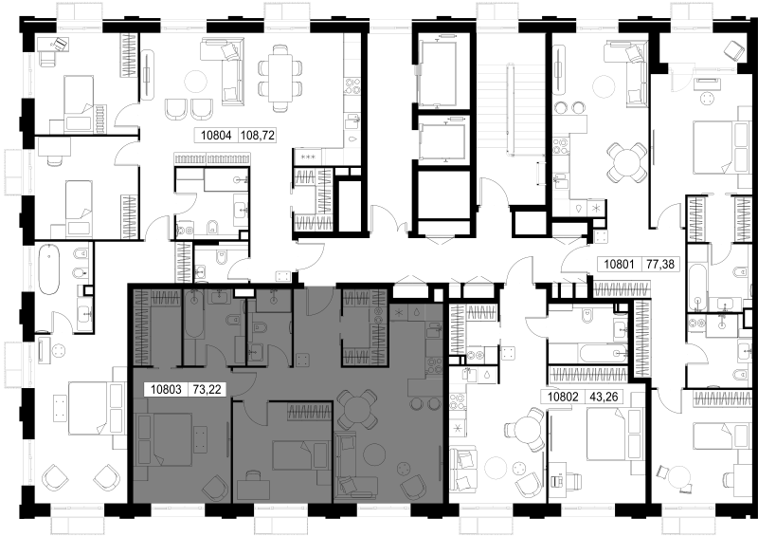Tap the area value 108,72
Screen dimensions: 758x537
(257, 136)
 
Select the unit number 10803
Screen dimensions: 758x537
(166, 389)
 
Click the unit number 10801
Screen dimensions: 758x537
(620, 265)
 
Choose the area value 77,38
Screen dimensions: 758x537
(659, 265)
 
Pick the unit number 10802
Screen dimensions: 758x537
(563, 398)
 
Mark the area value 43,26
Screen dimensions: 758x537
(604, 398)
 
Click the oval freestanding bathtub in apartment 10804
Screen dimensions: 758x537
(49, 269)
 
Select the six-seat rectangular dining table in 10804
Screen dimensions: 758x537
(281, 78)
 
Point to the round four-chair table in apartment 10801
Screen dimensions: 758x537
(626, 162)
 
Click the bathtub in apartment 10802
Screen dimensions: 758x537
(587, 353)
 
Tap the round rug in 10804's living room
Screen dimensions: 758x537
(197, 81)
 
